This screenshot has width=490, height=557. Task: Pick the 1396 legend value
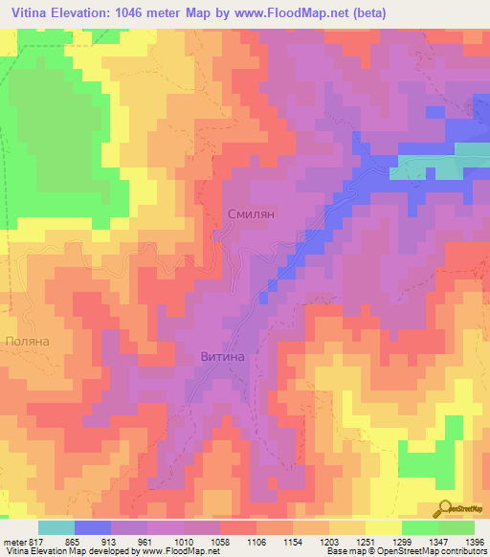click(x=475, y=541)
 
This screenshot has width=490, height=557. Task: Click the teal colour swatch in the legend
click(x=56, y=527)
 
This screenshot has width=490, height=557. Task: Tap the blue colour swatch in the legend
click(x=93, y=527)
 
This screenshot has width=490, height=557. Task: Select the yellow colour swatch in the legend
click(x=383, y=527)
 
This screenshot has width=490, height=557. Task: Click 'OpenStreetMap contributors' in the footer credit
click(x=432, y=552)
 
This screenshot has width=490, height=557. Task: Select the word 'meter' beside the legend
click(x=14, y=541)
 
